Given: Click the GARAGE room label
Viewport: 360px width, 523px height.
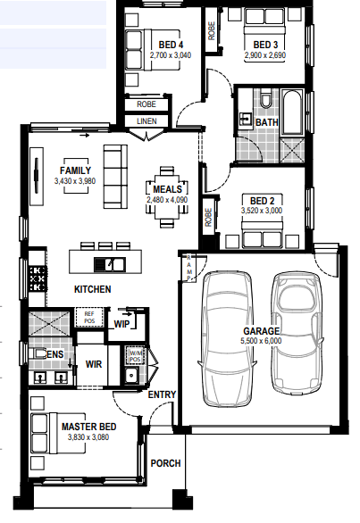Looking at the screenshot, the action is tap(261, 331).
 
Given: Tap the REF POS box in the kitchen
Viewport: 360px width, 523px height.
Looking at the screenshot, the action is tap(89, 317).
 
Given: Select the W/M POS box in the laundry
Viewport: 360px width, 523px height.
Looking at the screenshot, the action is tap(135, 356).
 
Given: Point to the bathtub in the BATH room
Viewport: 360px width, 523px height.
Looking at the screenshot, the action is tap(292, 112).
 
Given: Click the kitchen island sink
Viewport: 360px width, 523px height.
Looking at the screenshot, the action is tap(110, 265).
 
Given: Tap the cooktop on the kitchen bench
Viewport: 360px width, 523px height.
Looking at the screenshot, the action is tap(38, 278).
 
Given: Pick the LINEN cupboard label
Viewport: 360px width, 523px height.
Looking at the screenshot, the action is tap(147, 121).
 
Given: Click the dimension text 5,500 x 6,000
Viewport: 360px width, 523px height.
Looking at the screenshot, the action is tap(261, 341).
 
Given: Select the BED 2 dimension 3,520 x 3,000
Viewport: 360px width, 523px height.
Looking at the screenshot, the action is tap(262, 211).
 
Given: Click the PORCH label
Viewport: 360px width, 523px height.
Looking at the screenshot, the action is tap(165, 463).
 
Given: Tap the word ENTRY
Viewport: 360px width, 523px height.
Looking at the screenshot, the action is tap(162, 394).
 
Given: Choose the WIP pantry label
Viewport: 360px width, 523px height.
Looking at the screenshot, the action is tap(121, 324).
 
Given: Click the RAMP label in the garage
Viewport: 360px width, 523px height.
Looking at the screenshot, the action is tap(188, 268).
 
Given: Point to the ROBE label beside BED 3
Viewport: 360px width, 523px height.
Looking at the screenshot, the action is tap(212, 31).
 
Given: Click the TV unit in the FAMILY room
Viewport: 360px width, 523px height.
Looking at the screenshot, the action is tap(37, 176).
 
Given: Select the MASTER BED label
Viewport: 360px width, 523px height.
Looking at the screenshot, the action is tap(88, 427).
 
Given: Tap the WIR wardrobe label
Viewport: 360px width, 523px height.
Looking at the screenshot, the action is tap(94, 364).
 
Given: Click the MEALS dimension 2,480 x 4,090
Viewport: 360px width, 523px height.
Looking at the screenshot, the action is tap(167, 200).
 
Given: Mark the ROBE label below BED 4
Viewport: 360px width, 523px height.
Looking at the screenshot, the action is tap(147, 104).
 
